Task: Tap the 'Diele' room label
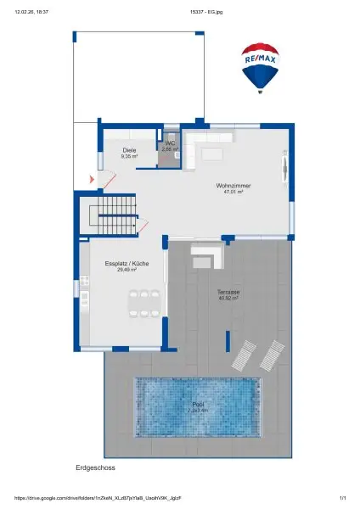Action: coord(129,151)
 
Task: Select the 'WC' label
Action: coord(170,143)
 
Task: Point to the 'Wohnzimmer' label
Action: coord(233,186)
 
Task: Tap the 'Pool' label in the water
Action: coord(198,405)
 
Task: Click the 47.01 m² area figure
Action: coord(233,192)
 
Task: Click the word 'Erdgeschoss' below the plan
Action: coord(95,467)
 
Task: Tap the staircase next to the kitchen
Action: coord(114,214)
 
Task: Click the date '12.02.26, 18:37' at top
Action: coord(31,13)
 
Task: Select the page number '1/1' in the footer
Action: coord(342,498)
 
